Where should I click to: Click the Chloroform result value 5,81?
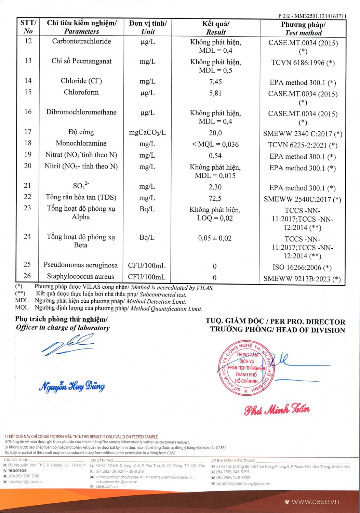[x=215, y=93]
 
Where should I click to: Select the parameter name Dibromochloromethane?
[x=81, y=112]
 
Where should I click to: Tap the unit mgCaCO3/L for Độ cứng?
[x=147, y=132]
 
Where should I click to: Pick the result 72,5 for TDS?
[x=215, y=198]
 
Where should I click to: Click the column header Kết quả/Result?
[x=216, y=28]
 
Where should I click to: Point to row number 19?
[x=28, y=155]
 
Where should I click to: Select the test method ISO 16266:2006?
[x=302, y=267]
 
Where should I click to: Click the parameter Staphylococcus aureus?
[x=81, y=276]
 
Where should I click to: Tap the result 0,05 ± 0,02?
[x=215, y=238]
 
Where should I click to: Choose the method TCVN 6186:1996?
[x=303, y=63]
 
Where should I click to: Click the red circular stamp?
[x=246, y=368]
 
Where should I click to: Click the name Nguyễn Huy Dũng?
[x=72, y=386]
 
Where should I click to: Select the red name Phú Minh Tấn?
[x=277, y=409]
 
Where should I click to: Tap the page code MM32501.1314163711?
[x=320, y=16]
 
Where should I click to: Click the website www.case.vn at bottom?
[x=315, y=501]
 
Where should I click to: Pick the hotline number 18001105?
[x=17, y=471]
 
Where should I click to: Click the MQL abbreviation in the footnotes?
[x=21, y=308]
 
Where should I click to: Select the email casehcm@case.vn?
[x=25, y=482]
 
